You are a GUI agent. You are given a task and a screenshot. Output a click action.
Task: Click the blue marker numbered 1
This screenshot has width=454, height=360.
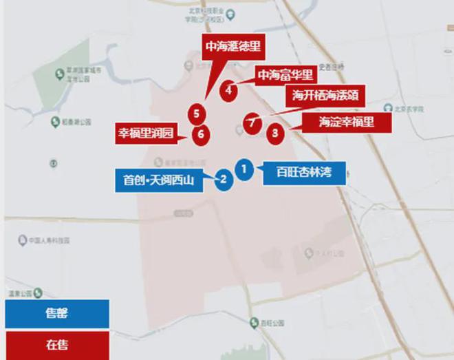[x=244, y=167]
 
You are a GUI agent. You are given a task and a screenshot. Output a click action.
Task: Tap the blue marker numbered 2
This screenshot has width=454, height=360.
[x=223, y=180]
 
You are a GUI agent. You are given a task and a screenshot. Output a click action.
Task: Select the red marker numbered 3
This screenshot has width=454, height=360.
[x=275, y=132]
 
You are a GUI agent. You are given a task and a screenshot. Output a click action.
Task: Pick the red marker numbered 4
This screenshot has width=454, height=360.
[x=228, y=89]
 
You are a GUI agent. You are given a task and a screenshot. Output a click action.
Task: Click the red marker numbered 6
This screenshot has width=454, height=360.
[x=200, y=134]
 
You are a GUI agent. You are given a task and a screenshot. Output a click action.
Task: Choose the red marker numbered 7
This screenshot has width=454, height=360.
[x=252, y=123]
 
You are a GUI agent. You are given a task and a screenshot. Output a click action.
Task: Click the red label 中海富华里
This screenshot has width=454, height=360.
[x=285, y=74]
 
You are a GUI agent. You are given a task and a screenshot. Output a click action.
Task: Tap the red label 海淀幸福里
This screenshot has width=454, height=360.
[x=346, y=123]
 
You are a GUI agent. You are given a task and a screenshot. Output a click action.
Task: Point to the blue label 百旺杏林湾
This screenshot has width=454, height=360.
[x=303, y=172]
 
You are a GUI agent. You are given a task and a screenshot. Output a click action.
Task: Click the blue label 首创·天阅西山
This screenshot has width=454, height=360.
[x=159, y=181]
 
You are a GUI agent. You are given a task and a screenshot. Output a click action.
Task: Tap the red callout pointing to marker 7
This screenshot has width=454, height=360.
[x=324, y=95]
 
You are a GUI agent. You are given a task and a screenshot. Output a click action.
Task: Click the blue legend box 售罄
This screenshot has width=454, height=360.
[x=56, y=314]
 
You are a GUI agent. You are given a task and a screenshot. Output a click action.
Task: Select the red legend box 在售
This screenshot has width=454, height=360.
[x=56, y=345]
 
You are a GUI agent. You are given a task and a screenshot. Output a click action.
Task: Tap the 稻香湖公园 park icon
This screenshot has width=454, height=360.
[x=55, y=122]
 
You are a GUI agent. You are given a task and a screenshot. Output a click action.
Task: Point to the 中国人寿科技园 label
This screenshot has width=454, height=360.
[x=51, y=240]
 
